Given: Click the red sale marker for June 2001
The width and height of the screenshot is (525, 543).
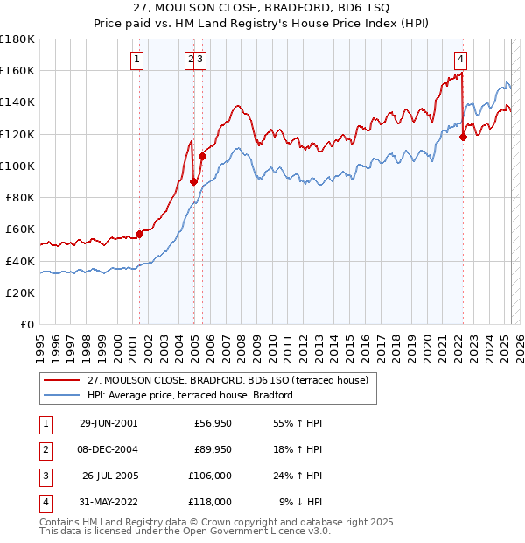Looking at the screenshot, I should pyautogui.click(x=139, y=234).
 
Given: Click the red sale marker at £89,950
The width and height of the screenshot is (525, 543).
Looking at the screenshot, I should pyautogui.click(x=193, y=182).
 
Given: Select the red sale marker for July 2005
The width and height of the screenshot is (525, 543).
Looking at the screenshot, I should pyautogui.click(x=202, y=157).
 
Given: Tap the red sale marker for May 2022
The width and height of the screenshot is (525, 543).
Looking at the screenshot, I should pyautogui.click(x=464, y=137).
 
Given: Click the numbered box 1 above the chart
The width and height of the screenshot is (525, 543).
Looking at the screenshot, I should pyautogui.click(x=138, y=60).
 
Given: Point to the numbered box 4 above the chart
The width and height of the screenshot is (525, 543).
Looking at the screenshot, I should pyautogui.click(x=460, y=60).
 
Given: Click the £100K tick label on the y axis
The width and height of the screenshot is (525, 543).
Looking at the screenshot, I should pyautogui.click(x=17, y=166).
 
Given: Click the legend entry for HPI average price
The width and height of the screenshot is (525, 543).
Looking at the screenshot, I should pyautogui.click(x=189, y=395).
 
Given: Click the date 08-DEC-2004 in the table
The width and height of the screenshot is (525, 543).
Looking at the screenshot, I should pyautogui.click(x=108, y=449).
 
